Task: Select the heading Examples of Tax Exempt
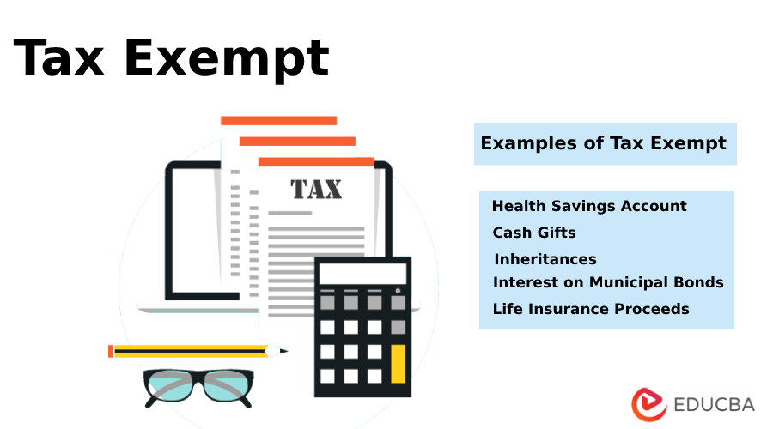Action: coord(604,143)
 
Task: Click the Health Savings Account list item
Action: coord(589,206)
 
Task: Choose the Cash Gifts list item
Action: coord(534,233)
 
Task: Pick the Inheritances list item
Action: coord(545,259)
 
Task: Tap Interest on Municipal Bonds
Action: coord(608,282)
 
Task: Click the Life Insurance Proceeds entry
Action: coord(591,309)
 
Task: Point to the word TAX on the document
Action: coord(316,189)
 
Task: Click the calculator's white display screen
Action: coord(363,274)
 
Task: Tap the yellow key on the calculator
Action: coord(398,363)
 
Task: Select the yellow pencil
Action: coord(189,351)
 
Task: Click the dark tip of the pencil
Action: coord(283,351)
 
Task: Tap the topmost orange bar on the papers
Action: coord(278,121)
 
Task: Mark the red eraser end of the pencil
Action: coord(111,351)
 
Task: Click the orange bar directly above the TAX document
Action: coord(316,161)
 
